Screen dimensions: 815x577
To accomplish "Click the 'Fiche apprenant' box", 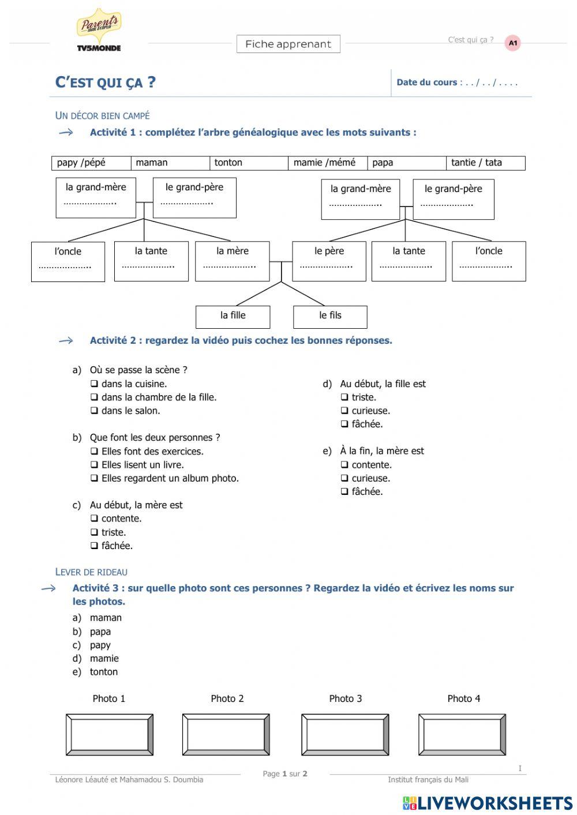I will click(288, 44).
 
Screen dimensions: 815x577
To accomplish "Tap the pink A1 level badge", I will click(512, 43).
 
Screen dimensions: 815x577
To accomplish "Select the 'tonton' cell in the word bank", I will click(249, 163).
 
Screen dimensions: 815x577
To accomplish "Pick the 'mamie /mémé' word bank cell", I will click(327, 163).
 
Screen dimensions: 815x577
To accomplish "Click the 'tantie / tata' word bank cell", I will click(485, 163).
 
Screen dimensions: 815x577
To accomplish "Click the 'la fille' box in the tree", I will click(233, 316).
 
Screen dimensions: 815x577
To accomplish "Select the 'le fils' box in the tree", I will click(330, 316).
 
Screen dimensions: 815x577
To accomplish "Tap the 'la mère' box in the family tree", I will click(232, 261).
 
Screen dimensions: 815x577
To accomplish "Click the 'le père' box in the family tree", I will click(329, 261).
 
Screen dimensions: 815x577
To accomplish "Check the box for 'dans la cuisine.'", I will click(94, 384).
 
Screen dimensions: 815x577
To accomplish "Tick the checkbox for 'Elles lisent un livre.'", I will click(94, 465).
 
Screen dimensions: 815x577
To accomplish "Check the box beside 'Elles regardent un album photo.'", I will click(94, 479).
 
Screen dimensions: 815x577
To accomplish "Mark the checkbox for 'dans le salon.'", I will click(94, 411).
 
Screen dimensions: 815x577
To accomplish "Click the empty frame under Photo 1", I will click(109, 734).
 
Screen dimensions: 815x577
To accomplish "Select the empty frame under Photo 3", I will click(345, 734).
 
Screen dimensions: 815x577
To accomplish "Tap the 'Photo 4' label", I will click(463, 698).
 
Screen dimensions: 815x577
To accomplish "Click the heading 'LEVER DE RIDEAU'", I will click(91, 572).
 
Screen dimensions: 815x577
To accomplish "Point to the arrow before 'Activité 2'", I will click(66, 341).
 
